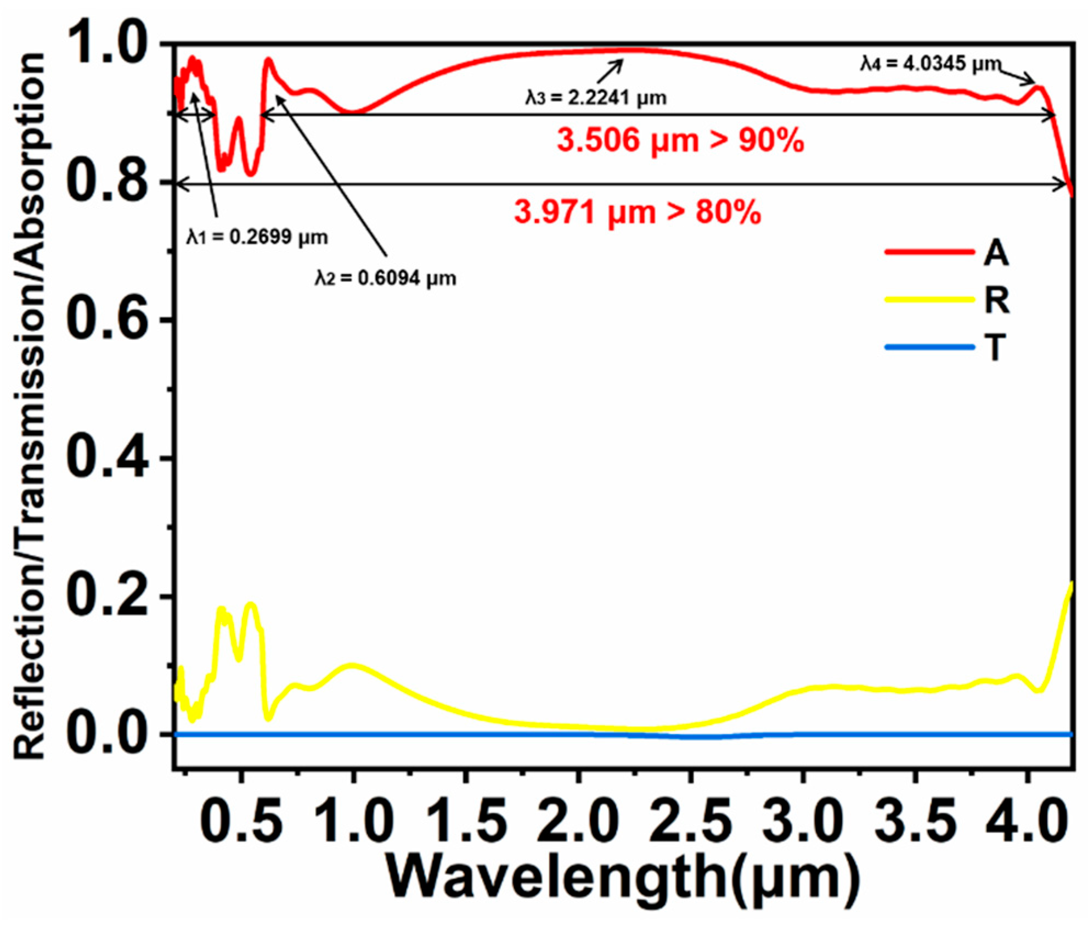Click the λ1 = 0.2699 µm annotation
[257, 237]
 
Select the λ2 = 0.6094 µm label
[385, 278]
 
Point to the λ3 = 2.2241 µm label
[596, 98]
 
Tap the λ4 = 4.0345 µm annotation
[931, 64]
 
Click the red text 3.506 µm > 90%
[680, 141]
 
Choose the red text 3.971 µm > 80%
[638, 212]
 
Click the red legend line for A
[929, 252]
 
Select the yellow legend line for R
[929, 300]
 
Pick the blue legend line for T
[929, 347]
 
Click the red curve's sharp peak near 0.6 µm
[268, 60]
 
